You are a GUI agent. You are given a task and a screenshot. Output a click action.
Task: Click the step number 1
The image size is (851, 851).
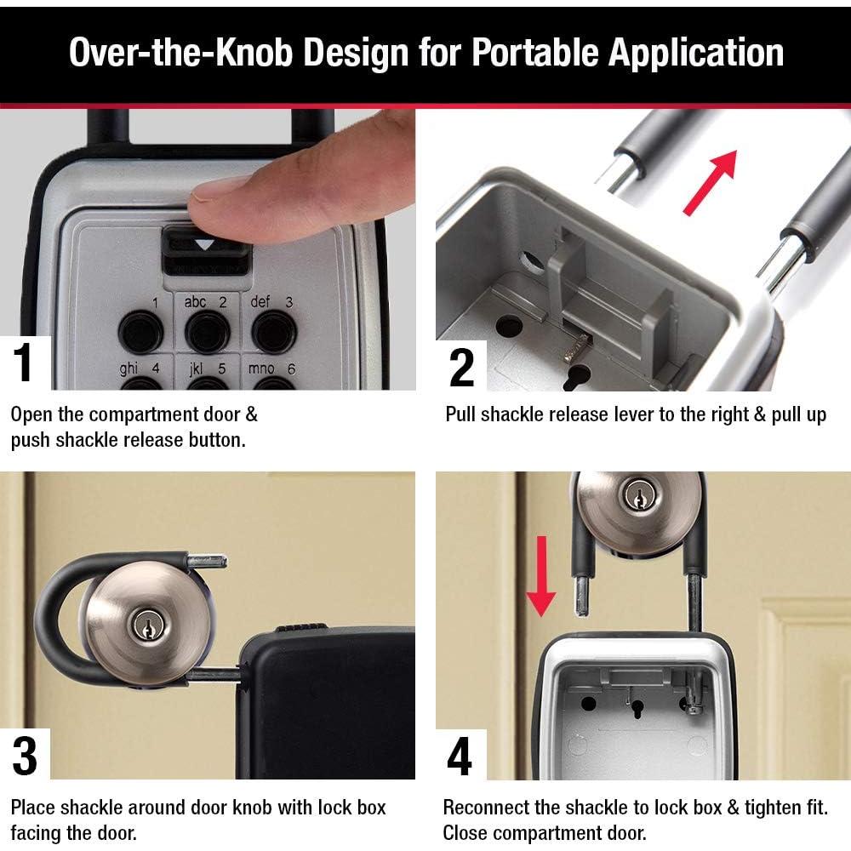[x=25, y=362]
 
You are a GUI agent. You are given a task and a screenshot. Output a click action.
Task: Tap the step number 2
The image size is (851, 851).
[x=460, y=367]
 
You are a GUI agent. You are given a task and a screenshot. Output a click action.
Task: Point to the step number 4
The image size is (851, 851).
[x=460, y=755]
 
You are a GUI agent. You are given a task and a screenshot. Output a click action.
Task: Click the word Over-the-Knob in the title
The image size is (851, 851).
[x=174, y=53]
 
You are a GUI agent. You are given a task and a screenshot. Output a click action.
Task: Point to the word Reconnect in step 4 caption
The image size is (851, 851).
[x=485, y=807]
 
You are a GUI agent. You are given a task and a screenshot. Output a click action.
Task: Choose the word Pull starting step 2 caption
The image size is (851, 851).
[x=461, y=414]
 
